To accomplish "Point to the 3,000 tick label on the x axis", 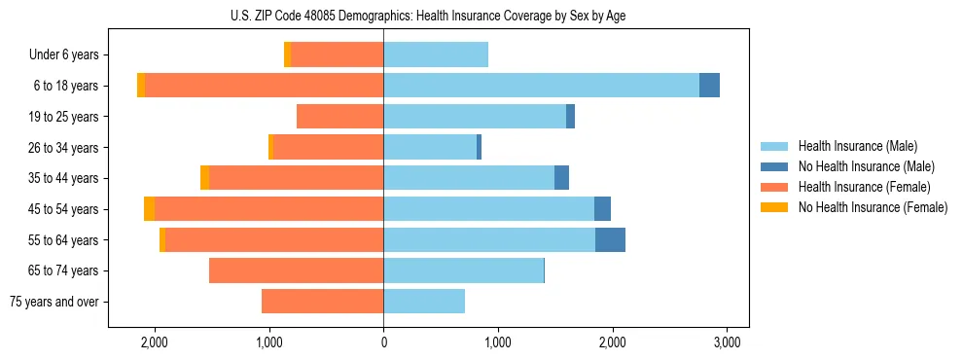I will (728, 342).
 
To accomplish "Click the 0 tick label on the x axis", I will (383, 342).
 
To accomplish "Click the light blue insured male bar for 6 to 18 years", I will (541, 86).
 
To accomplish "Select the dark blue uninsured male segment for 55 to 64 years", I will (610, 239).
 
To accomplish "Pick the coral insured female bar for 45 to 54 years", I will (268, 209).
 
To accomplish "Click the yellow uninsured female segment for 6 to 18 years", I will (141, 86).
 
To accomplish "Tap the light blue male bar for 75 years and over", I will (424, 302).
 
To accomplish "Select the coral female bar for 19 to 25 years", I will (339, 117).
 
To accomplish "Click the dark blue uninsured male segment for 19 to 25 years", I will (570, 117).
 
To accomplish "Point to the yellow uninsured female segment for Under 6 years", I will (287, 55).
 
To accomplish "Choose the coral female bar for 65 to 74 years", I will (296, 270).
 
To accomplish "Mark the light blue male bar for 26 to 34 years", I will (430, 147).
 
